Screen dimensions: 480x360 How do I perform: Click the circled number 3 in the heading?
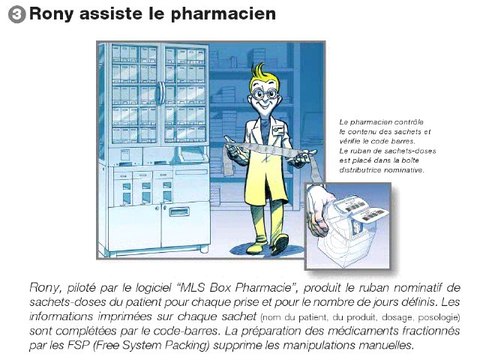click(17, 15)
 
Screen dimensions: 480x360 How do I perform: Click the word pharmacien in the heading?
click(223, 14)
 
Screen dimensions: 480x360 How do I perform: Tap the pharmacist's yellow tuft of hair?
click(260, 72)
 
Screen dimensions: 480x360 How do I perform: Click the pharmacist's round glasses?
click(264, 93)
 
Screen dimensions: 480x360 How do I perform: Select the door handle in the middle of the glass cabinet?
click(161, 93)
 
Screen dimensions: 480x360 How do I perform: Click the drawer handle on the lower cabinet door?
click(179, 211)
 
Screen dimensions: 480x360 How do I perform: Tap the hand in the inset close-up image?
click(319, 211)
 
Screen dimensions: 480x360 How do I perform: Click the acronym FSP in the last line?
click(79, 345)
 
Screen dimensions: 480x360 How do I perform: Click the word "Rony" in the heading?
click(52, 15)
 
